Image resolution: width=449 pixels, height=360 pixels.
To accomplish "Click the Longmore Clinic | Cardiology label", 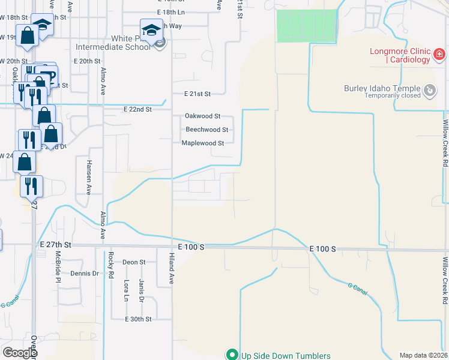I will pyautogui.click(x=400, y=55).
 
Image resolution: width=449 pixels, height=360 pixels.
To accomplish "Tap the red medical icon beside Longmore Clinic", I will pyautogui.click(x=439, y=55).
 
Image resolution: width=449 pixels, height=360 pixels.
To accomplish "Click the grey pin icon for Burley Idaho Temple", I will pyautogui.click(x=430, y=91).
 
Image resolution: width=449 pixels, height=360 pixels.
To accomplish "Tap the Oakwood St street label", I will pyautogui.click(x=202, y=116).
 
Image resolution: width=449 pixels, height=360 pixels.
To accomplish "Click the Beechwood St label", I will pyautogui.click(x=206, y=130).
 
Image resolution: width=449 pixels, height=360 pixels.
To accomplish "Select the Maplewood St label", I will pyautogui.click(x=203, y=143).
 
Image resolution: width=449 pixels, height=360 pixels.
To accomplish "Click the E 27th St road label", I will pyautogui.click(x=56, y=245).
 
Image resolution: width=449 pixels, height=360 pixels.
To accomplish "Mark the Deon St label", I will pyautogui.click(x=134, y=262).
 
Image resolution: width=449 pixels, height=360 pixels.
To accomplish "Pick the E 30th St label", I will pyautogui.click(x=138, y=319).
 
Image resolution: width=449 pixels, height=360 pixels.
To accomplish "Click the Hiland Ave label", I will pyautogui.click(x=170, y=268).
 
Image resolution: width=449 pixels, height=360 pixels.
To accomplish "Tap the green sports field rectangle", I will pyautogui.click(x=306, y=26).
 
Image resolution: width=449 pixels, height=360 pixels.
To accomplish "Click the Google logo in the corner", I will pyautogui.click(x=19, y=353).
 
